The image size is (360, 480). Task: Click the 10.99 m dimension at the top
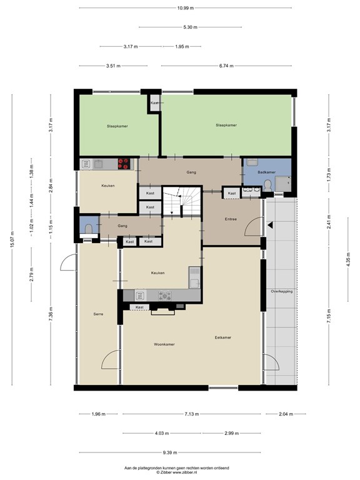[186, 8]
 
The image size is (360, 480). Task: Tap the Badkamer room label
[266, 172]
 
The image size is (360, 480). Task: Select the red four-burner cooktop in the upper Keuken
[124, 164]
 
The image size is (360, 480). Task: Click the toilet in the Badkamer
[267, 186]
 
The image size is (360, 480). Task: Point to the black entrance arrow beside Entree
[270, 225]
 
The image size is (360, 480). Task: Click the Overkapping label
[282, 291]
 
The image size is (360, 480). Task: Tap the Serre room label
[98, 314]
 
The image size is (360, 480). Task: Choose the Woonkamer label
[164, 344]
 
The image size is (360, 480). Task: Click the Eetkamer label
[223, 337]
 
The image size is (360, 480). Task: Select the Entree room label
[231, 219]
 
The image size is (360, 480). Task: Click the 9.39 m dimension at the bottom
[170, 452]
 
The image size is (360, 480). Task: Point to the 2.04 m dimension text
[286, 414]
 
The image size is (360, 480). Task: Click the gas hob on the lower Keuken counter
[165, 296]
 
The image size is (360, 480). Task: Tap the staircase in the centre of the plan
[182, 201]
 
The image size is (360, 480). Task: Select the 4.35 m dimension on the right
[348, 259]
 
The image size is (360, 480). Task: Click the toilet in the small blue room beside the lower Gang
[89, 228]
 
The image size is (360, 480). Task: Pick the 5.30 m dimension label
[191, 27]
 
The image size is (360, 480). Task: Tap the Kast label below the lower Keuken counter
[139, 307]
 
